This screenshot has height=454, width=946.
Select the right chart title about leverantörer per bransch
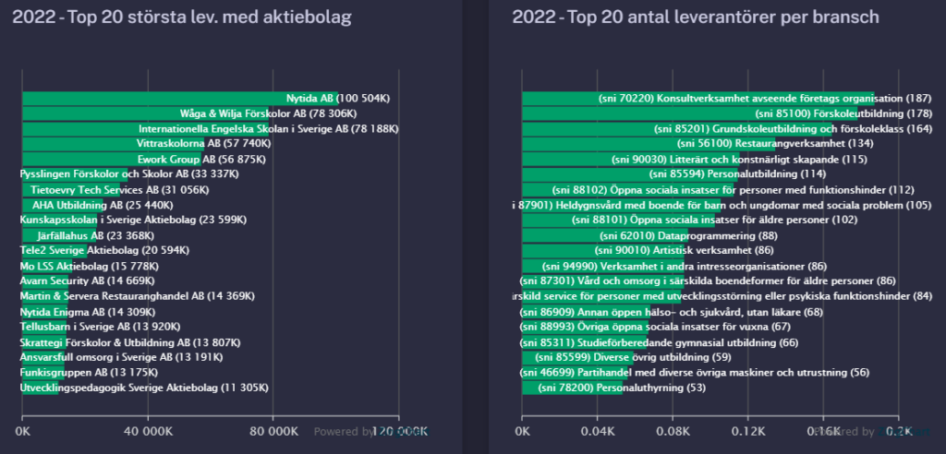pos(695,17)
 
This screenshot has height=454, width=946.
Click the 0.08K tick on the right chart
pos(673,431)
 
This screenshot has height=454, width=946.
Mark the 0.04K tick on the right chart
pos(599,431)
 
